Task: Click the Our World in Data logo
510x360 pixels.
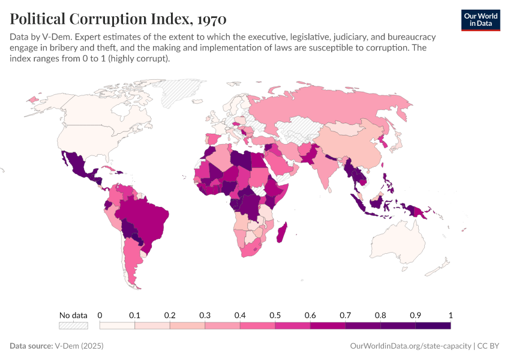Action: pos(481,19)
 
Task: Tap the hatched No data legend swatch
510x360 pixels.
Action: pos(73,326)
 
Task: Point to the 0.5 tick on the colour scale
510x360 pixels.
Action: pos(275,316)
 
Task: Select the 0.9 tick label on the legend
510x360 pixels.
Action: pos(415,316)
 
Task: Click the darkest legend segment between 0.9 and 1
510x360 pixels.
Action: pos(433,326)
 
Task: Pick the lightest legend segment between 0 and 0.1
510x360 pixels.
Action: pos(117,326)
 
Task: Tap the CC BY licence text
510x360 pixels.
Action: pos(489,346)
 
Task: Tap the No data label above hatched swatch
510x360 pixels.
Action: pos(73,316)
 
